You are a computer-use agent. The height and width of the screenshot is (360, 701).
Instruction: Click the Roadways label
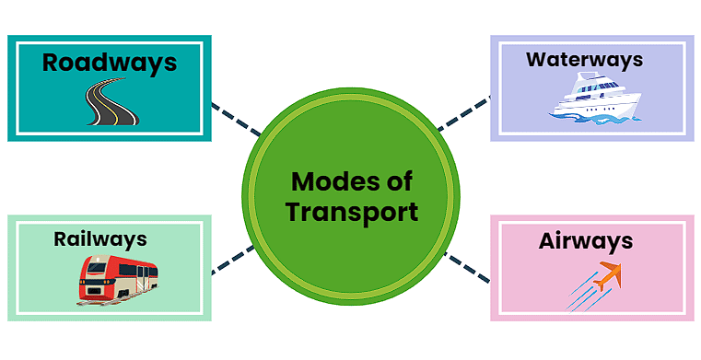click(x=109, y=63)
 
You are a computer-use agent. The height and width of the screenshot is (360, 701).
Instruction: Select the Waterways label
click(x=584, y=60)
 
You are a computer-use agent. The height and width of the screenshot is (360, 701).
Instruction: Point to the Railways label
click(x=99, y=239)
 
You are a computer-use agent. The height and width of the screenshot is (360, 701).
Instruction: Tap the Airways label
click(x=586, y=241)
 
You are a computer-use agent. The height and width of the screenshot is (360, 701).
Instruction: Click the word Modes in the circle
click(x=324, y=180)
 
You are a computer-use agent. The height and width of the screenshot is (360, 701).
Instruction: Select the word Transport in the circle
click(x=351, y=212)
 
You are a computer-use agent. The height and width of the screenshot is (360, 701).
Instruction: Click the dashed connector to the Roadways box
click(x=235, y=120)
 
